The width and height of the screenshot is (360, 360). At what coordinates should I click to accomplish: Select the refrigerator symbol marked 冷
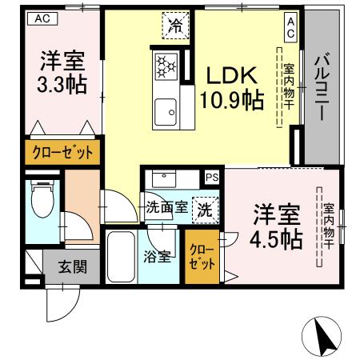click(174, 25)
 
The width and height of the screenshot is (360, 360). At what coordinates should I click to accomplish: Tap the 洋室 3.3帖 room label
click(60, 70)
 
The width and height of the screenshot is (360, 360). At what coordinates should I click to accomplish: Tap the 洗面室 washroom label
click(166, 207)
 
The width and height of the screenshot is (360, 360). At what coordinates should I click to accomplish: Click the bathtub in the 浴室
click(122, 258)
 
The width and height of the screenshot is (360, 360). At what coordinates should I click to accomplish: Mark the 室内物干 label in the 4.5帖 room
click(329, 226)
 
